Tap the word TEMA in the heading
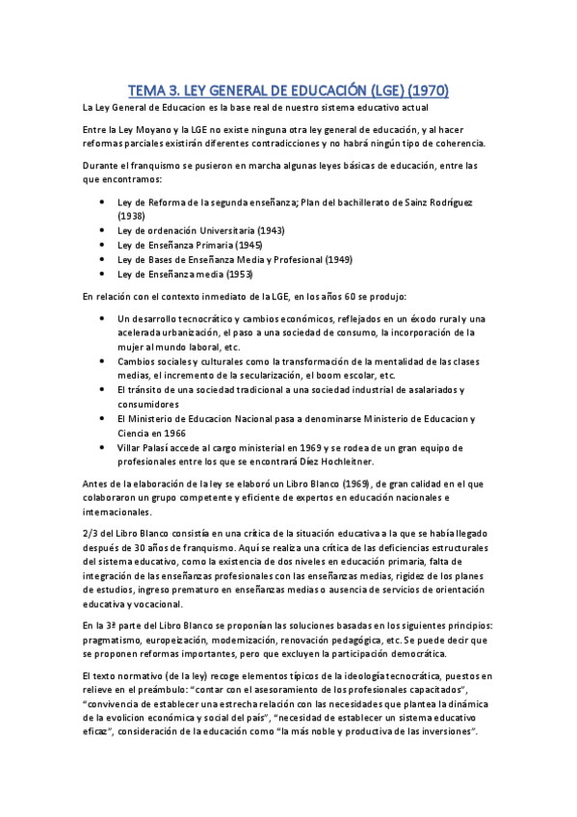(149, 92)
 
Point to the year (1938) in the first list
(131, 216)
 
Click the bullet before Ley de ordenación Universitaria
(103, 231)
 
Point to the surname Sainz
(404, 201)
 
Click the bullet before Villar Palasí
(103, 448)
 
